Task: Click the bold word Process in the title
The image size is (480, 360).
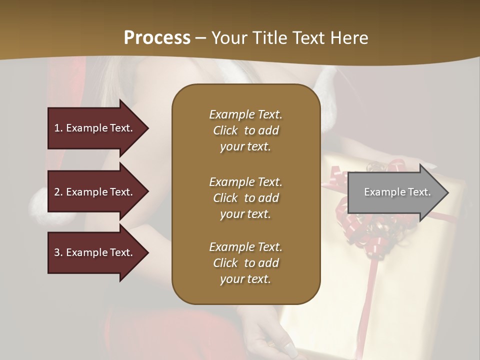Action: click(157, 38)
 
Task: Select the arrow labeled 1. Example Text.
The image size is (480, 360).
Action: click(95, 128)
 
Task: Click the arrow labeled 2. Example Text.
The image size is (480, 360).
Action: click(95, 192)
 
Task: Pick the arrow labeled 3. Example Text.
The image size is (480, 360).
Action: click(95, 252)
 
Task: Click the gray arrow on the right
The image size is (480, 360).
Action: click(395, 192)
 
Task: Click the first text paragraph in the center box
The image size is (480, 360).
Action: click(245, 130)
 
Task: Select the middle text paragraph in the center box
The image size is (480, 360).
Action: click(245, 198)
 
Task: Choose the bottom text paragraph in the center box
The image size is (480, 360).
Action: click(245, 263)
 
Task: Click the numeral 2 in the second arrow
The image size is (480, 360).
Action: click(57, 192)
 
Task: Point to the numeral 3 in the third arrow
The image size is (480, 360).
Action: click(57, 252)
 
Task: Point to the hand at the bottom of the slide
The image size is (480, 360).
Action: click(272, 340)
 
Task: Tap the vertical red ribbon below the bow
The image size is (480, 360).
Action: click(369, 300)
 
